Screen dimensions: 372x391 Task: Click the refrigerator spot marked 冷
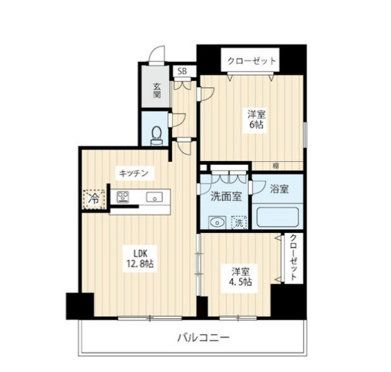93,198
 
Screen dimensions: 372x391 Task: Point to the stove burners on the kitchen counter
122,196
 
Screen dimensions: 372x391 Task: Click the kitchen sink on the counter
154,197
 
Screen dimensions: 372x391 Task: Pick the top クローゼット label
252,61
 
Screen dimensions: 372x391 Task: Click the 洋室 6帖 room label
255,119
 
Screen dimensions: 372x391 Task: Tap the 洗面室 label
226,196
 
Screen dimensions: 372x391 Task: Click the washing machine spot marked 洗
239,222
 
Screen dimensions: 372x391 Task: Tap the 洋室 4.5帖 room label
240,277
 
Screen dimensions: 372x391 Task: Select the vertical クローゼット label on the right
294,258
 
